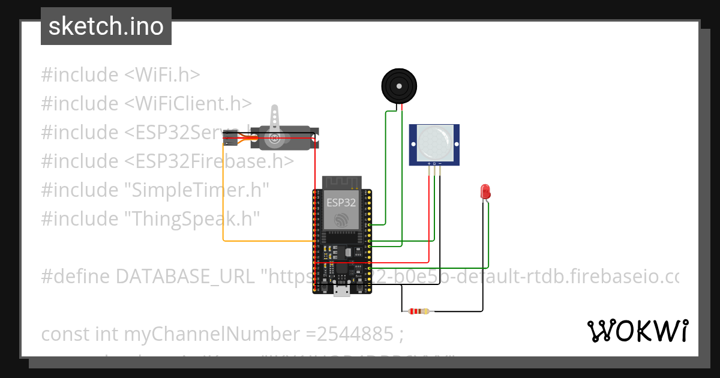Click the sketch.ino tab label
coord(106,27)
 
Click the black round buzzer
coord(398,86)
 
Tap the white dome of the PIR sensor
coord(434,142)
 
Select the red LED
coord(485,192)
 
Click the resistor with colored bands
coord(418,311)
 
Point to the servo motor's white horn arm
coord(275,120)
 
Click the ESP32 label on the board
coord(341,203)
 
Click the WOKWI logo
coord(637,331)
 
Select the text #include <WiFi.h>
coord(121,75)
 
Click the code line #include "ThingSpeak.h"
coord(151,219)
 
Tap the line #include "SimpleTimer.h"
coord(155,190)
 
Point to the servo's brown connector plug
coord(228,140)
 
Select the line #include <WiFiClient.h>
coord(146,104)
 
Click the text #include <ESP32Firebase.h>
coord(167,161)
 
